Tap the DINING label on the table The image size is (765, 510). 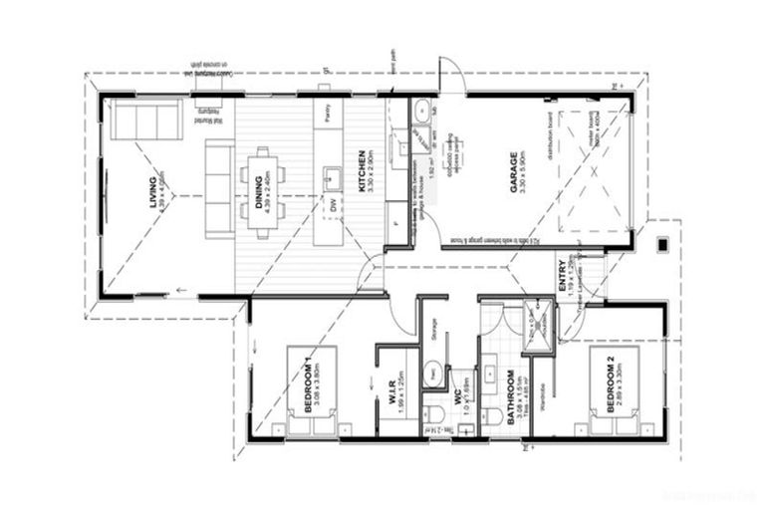click(x=259, y=189)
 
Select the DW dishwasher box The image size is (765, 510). click(x=333, y=204)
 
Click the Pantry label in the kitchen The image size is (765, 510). click(x=328, y=113)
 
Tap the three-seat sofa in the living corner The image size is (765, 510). click(x=145, y=120)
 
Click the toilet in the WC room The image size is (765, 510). click(x=433, y=411)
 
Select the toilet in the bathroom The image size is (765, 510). click(x=491, y=413)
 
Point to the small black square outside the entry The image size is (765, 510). click(x=662, y=243)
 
